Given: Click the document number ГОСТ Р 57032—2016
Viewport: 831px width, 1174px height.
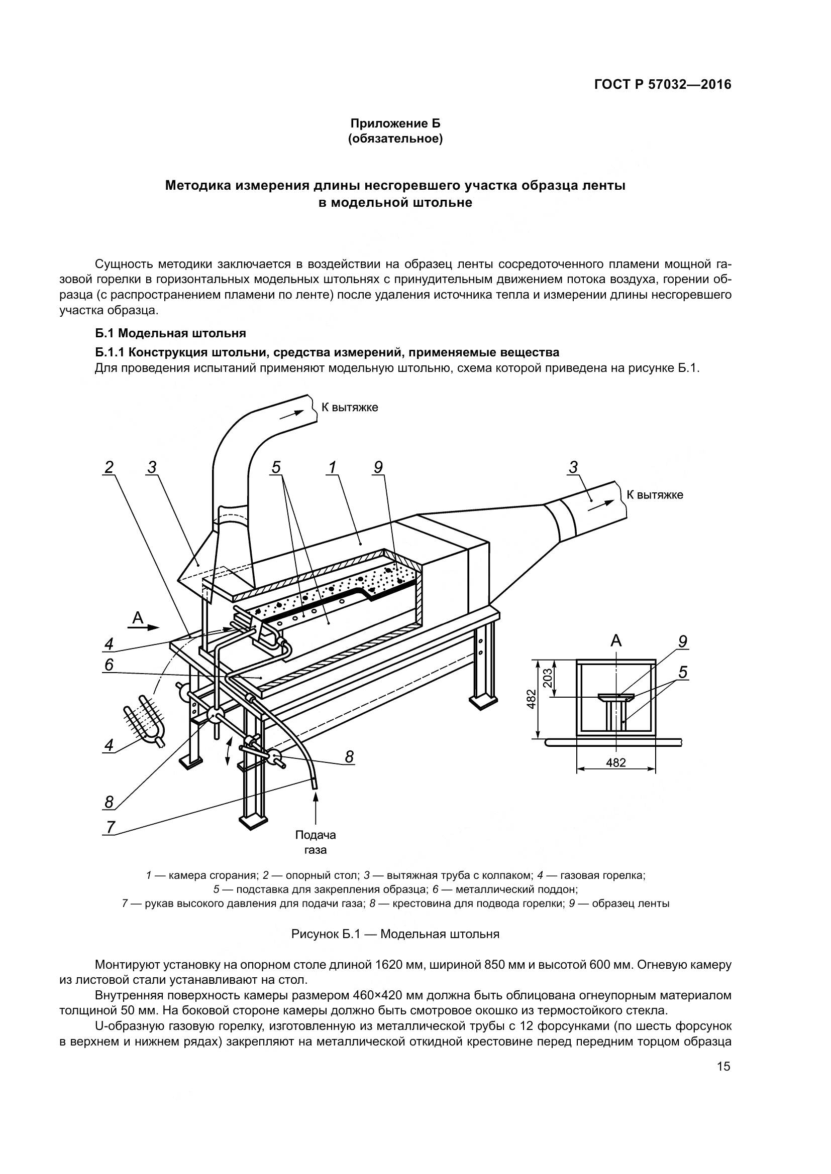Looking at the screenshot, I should [x=663, y=85].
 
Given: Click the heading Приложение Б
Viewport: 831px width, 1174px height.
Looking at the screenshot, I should [x=395, y=124].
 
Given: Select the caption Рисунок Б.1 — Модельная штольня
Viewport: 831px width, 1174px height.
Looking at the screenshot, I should [x=395, y=934].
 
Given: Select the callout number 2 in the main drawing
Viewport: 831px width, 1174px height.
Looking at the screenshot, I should [x=109, y=467].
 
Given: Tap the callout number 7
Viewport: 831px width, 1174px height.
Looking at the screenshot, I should [x=110, y=827].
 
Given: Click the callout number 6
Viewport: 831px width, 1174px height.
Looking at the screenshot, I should [x=109, y=665].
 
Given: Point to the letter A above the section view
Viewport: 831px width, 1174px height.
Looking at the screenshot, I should [x=616, y=640].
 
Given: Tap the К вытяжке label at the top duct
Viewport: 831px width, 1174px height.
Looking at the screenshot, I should [x=350, y=408].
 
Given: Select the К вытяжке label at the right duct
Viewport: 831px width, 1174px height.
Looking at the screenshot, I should [x=655, y=494].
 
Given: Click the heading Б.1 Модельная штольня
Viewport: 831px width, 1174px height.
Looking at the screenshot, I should [x=170, y=333].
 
